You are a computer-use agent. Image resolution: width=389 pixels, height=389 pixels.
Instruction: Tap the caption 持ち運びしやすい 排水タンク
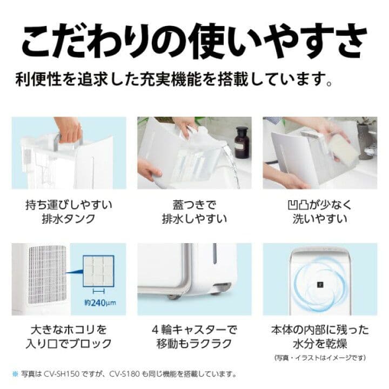(x=69, y=211)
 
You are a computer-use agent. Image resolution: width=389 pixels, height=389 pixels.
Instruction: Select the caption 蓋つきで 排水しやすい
(x=194, y=211)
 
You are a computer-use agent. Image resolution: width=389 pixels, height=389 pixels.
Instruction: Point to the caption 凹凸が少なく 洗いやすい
(x=319, y=211)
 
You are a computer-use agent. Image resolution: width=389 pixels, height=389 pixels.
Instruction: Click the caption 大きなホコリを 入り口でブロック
(x=69, y=336)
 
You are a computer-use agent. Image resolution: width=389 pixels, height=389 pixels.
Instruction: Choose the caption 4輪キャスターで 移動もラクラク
(x=194, y=336)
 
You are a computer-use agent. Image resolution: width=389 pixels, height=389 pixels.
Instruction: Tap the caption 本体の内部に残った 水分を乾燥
(x=319, y=336)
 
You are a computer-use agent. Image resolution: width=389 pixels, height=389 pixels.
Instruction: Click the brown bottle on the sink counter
(x=242, y=142)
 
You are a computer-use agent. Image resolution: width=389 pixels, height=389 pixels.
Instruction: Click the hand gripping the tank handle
(x=70, y=131)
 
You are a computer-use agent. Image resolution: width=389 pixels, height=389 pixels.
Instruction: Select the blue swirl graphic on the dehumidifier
(x=320, y=281)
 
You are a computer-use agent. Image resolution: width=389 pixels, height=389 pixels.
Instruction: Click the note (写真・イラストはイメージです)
(x=320, y=357)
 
